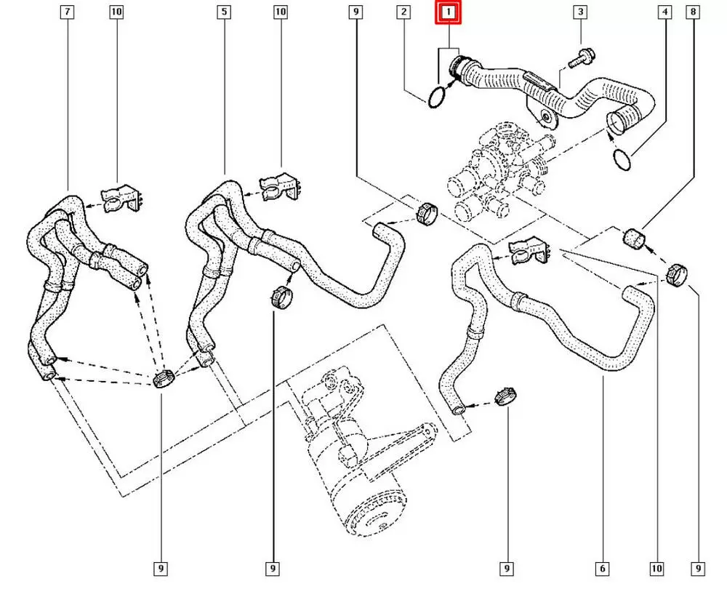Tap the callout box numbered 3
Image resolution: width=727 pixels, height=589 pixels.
pos(579,12)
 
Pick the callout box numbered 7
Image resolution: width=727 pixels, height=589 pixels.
pos(67,12)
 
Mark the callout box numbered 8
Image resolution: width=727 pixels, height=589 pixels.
pos(694,12)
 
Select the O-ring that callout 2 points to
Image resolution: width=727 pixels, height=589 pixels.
pos(435,97)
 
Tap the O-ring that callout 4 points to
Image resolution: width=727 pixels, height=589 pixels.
pos(622,159)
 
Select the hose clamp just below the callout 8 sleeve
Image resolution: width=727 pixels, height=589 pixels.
pos(676,275)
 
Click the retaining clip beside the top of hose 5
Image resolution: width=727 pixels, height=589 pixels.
pos(280,188)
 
